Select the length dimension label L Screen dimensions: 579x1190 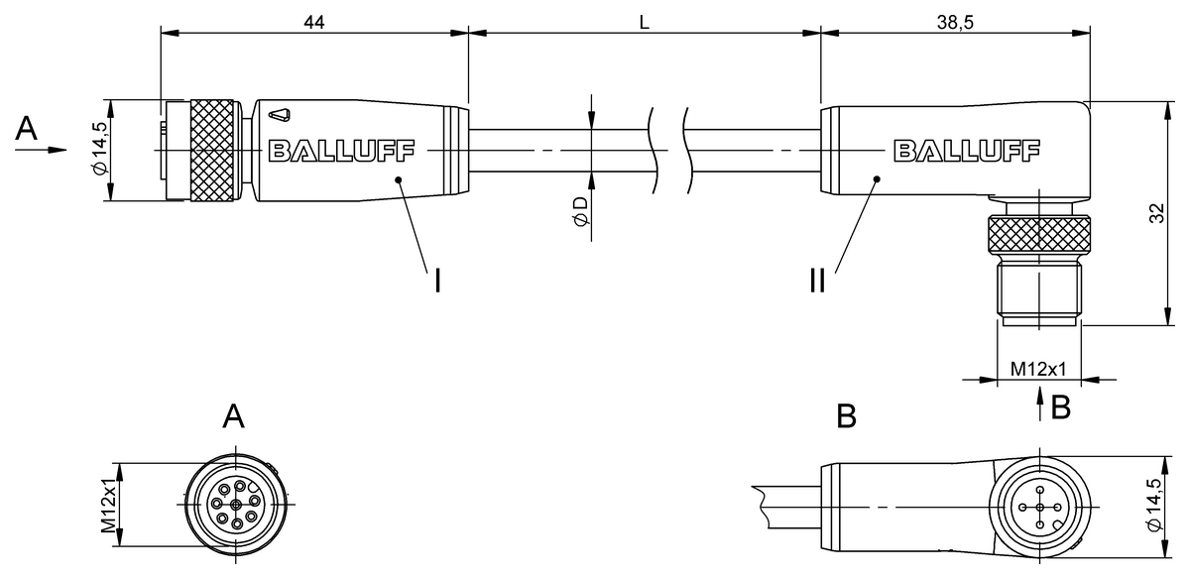pos(644,22)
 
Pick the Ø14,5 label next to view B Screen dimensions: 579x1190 pos(1153,507)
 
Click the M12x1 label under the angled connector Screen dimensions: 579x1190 pos(1037,369)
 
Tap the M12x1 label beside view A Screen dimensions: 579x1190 pos(111,506)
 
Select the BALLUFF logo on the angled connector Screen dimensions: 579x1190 pos(967,151)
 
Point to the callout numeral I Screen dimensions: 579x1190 pos(436,282)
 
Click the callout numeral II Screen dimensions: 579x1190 pos(816,282)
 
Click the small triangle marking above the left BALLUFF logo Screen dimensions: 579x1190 pos(281,115)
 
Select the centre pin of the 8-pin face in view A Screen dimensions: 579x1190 pos(235,506)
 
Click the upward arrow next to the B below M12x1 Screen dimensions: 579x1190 pos(1038,403)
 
